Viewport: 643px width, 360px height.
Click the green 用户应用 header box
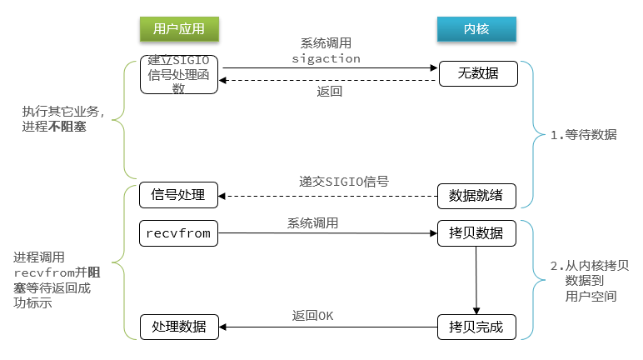tap(178, 29)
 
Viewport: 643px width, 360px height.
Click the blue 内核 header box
tap(476, 29)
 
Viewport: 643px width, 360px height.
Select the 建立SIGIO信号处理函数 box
tap(178, 74)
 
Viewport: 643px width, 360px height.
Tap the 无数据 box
tap(477, 73)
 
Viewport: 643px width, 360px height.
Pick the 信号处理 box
tap(178, 195)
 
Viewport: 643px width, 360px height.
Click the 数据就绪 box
tap(477, 195)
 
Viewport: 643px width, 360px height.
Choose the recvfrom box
tap(178, 233)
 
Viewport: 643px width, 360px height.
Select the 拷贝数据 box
tap(477, 233)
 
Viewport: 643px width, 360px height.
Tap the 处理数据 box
tap(178, 326)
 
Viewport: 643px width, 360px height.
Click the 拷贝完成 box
tap(477, 326)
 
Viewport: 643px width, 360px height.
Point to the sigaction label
tap(326, 58)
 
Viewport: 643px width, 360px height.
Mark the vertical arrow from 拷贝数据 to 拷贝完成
tap(476, 279)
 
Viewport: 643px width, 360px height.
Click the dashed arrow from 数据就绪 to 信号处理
tap(328, 196)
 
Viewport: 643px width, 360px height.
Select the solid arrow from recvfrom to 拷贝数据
tap(328, 234)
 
